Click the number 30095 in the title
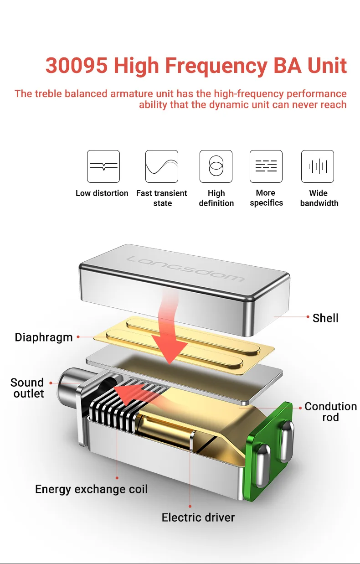tap(77, 66)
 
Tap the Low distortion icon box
tap(103, 166)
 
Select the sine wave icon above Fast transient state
tap(162, 166)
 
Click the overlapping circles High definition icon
tap(216, 166)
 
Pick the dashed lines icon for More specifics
tap(266, 166)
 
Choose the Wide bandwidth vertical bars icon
tap(318, 166)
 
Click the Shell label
tap(325, 318)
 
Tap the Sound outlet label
tap(27, 388)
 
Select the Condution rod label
tap(331, 412)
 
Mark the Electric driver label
tap(198, 517)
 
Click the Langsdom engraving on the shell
tap(186, 269)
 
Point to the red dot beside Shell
tap(308, 317)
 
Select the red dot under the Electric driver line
tap(190, 506)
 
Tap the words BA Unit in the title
tap(310, 66)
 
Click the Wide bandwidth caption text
tap(319, 198)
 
